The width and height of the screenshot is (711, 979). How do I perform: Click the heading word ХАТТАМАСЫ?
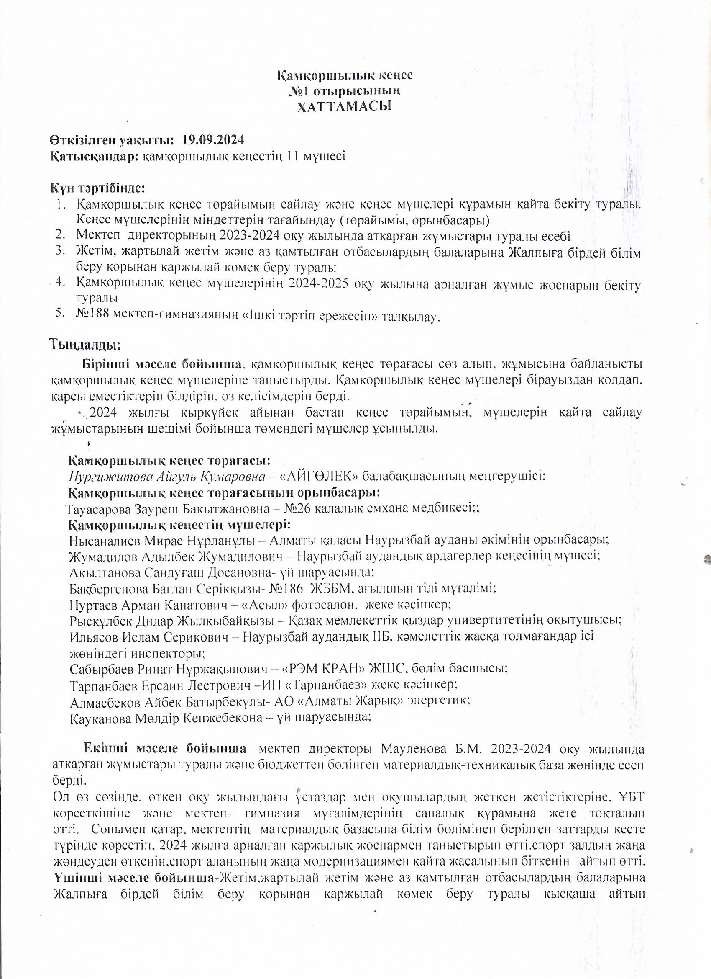pyautogui.click(x=344, y=107)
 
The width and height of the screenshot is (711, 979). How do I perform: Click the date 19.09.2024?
pyautogui.click(x=213, y=140)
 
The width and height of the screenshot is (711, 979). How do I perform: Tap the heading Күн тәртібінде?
pyautogui.click(x=97, y=188)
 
